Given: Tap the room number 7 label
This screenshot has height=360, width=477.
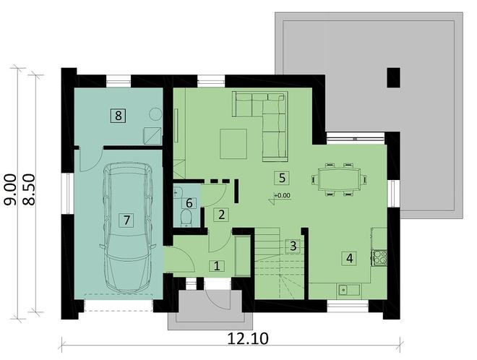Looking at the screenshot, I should (127, 220).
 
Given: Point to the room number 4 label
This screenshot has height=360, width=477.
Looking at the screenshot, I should (349, 257).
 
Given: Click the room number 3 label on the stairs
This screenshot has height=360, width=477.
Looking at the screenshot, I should (291, 246).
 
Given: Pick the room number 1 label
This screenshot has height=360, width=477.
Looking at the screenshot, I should (215, 265).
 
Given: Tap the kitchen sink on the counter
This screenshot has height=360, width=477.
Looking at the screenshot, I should (345, 290).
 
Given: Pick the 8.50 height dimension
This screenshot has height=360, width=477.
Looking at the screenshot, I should (30, 189).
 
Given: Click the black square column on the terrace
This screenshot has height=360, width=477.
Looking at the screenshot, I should (393, 77).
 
